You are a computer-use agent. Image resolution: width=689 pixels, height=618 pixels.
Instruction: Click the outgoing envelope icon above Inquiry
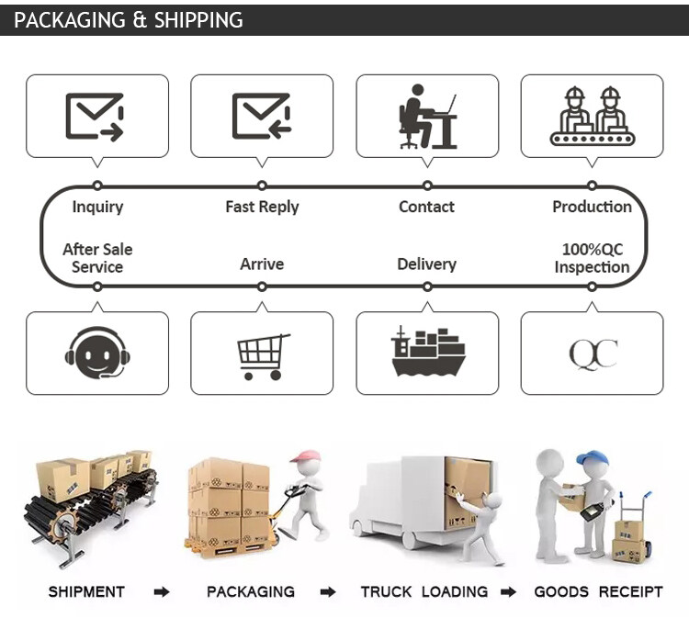click(x=95, y=117)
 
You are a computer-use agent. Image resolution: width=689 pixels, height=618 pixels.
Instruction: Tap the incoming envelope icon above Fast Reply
click(x=262, y=116)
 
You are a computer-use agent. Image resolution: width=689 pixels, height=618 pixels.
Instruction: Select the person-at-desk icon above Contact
click(x=427, y=117)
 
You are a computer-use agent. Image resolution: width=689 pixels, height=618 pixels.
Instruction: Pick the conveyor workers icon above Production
click(x=593, y=116)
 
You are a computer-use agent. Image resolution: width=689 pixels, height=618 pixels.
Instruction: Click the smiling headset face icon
click(x=97, y=353)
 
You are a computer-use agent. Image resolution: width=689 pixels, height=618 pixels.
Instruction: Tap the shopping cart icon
click(x=264, y=356)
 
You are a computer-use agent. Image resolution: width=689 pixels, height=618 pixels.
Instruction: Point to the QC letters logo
click(x=593, y=354)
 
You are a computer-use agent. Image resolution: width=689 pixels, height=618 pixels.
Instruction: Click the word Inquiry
click(x=97, y=207)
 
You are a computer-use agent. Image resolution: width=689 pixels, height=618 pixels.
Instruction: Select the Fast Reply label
click(x=262, y=207)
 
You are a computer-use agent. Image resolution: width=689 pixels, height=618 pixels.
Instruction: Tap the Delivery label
click(x=426, y=264)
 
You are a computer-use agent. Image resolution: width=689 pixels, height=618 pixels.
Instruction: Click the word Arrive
click(x=262, y=264)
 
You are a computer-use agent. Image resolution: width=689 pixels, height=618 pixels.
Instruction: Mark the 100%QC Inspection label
click(x=592, y=258)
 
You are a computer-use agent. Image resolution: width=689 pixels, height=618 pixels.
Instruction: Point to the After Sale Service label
click(x=97, y=258)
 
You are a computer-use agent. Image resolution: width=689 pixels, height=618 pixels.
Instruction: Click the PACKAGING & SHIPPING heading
click(x=129, y=20)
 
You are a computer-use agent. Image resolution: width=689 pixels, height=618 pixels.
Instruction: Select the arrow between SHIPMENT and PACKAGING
click(x=162, y=592)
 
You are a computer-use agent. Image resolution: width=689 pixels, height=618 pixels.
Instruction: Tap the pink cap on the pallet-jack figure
click(x=304, y=455)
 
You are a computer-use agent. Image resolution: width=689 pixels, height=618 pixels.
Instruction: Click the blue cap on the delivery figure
click(x=593, y=459)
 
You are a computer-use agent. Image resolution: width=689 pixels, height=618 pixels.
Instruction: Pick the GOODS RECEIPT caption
click(x=598, y=591)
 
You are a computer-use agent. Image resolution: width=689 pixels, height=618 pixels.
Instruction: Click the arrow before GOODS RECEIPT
click(x=508, y=592)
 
